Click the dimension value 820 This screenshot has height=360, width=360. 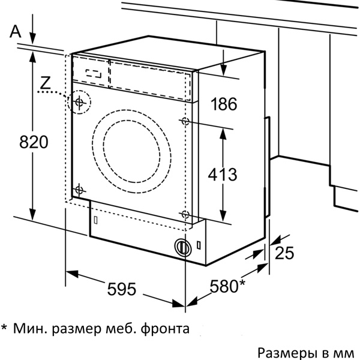click(34, 142)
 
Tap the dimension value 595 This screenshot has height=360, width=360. click(122, 289)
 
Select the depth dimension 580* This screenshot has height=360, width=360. click(227, 286)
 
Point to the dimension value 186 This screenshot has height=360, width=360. click(224, 104)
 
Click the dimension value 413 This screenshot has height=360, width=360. click(223, 175)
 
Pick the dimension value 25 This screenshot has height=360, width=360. click(284, 253)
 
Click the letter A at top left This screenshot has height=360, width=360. click(16, 31)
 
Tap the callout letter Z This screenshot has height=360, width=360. click(45, 83)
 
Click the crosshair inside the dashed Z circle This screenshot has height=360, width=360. click(79, 102)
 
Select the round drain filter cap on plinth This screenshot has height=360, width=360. click(183, 247)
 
